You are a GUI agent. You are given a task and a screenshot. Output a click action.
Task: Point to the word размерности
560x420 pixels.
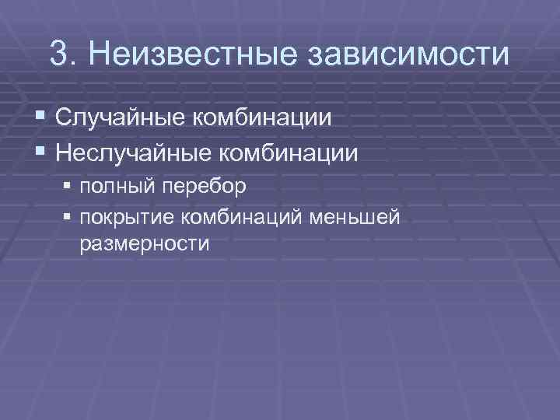click(x=144, y=243)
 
